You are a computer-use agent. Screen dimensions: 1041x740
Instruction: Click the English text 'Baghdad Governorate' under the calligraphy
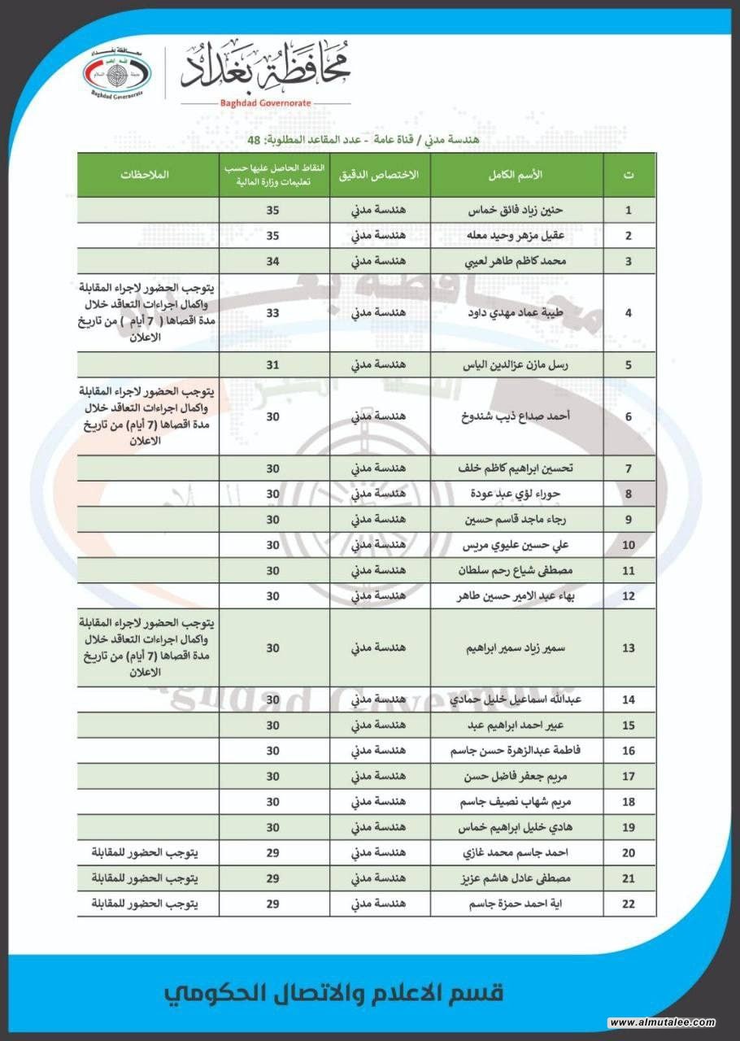click(265, 104)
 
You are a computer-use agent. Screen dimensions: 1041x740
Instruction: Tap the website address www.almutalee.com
click(660, 1021)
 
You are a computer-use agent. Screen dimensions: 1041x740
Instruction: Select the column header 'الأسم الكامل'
click(517, 175)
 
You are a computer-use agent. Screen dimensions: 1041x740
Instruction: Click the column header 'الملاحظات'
click(148, 175)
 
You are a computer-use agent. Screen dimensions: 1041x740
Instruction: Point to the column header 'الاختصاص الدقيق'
click(380, 175)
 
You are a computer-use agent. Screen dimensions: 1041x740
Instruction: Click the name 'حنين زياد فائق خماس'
click(517, 210)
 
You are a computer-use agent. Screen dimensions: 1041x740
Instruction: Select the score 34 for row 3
click(273, 261)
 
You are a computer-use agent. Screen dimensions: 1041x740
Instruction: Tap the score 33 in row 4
click(273, 312)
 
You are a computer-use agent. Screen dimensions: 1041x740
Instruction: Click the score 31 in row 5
click(273, 364)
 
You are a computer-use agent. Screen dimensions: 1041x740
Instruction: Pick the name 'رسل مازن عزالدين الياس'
click(517, 364)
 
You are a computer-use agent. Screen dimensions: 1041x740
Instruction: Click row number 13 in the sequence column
click(629, 648)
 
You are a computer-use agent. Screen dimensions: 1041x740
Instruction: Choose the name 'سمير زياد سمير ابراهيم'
click(517, 648)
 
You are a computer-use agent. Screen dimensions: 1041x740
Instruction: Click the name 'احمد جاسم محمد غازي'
click(517, 852)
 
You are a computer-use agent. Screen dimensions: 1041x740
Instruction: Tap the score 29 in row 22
click(273, 904)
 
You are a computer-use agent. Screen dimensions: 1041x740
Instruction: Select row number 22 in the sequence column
click(629, 904)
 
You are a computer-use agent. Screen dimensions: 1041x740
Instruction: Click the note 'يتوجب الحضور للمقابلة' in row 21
click(146, 878)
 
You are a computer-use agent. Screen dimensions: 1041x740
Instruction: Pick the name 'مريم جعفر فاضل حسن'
click(517, 777)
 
